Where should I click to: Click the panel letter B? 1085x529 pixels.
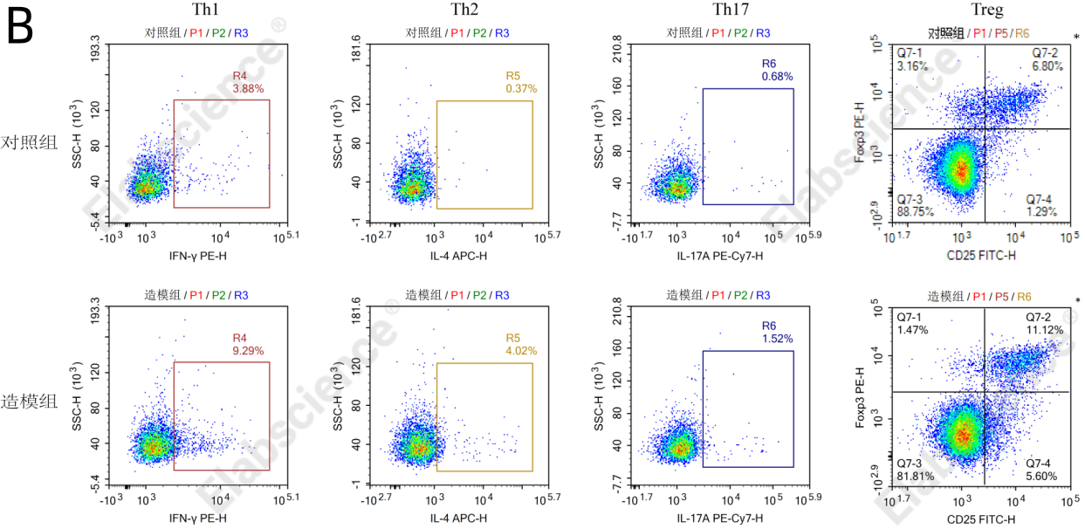coord(19,28)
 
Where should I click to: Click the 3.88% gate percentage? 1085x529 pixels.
coord(248,89)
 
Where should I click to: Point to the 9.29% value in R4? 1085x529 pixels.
coord(248,350)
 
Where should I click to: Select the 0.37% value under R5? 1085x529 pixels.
coord(521,89)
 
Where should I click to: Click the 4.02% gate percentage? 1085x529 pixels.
coord(521,351)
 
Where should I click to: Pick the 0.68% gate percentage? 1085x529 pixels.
coord(777,77)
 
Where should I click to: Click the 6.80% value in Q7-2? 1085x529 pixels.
coord(1047,65)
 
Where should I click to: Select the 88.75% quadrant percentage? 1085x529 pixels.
coord(916,211)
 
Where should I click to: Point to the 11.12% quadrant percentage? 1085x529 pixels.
coord(1046,330)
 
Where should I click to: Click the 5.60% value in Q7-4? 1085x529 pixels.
coord(1041,476)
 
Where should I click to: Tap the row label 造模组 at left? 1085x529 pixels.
coord(30,402)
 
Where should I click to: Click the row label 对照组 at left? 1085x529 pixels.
coord(30,141)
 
